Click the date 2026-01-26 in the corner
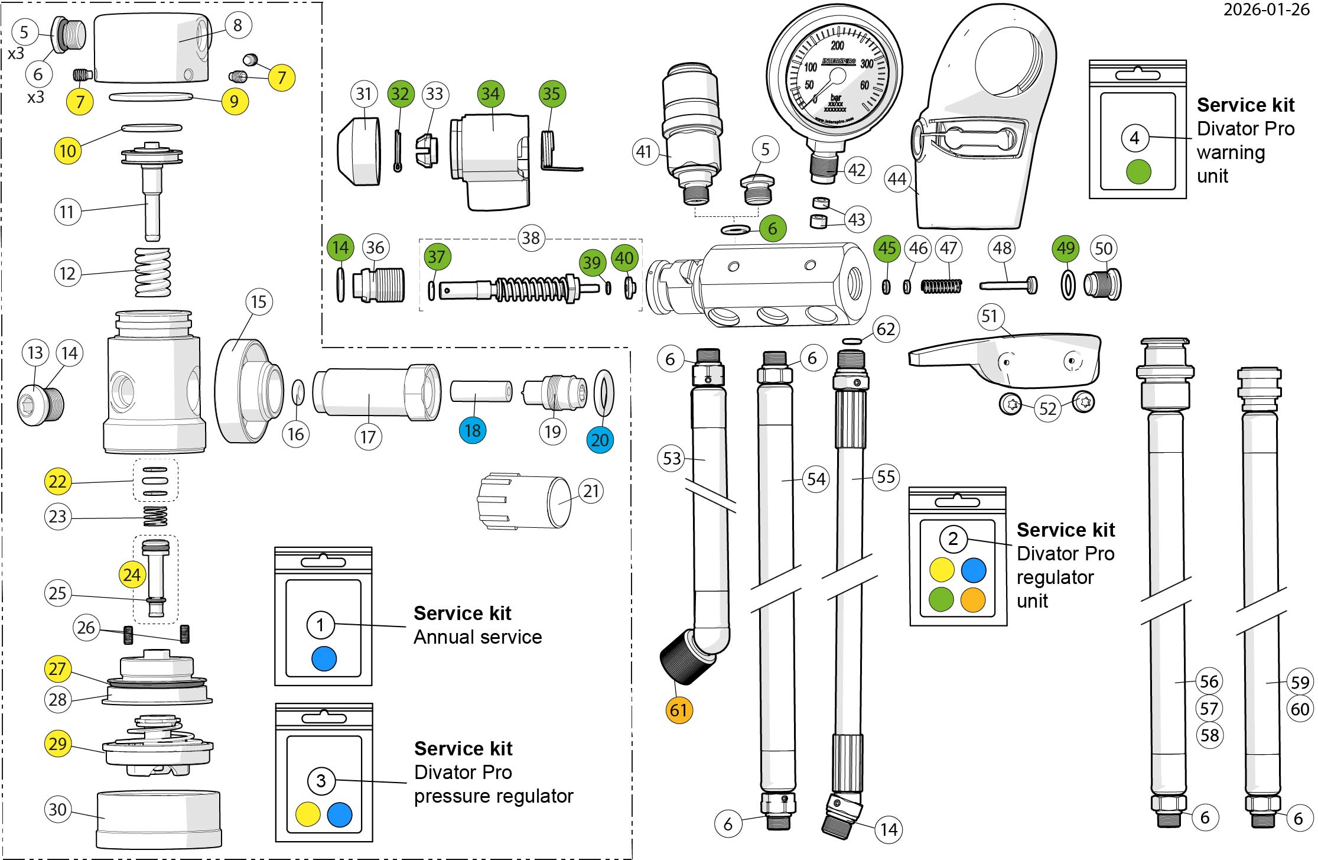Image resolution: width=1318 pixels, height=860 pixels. (1266, 10)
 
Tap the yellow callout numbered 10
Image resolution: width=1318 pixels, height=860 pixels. (67, 151)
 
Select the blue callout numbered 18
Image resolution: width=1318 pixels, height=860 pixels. (473, 430)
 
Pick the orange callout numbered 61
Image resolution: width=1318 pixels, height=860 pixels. (678, 709)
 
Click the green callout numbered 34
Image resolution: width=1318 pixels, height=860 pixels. (490, 94)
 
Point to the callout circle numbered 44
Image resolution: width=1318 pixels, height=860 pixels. (897, 179)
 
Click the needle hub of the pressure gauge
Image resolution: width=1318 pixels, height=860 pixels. (837, 76)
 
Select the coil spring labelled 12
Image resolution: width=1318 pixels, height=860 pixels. (153, 272)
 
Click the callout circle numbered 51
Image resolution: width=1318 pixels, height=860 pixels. (990, 317)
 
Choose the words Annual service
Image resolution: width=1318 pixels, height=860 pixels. (477, 637)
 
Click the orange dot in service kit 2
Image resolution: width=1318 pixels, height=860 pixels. (974, 599)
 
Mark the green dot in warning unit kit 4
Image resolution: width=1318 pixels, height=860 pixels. (1138, 172)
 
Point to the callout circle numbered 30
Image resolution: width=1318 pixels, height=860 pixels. (57, 809)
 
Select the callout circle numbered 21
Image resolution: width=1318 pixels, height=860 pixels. (591, 491)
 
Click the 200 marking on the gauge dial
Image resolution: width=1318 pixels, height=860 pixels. (837, 46)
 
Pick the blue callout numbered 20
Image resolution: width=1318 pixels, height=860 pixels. (600, 440)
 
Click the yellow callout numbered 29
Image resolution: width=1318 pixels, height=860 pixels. (57, 743)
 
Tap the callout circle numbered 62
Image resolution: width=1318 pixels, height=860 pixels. (886, 329)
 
